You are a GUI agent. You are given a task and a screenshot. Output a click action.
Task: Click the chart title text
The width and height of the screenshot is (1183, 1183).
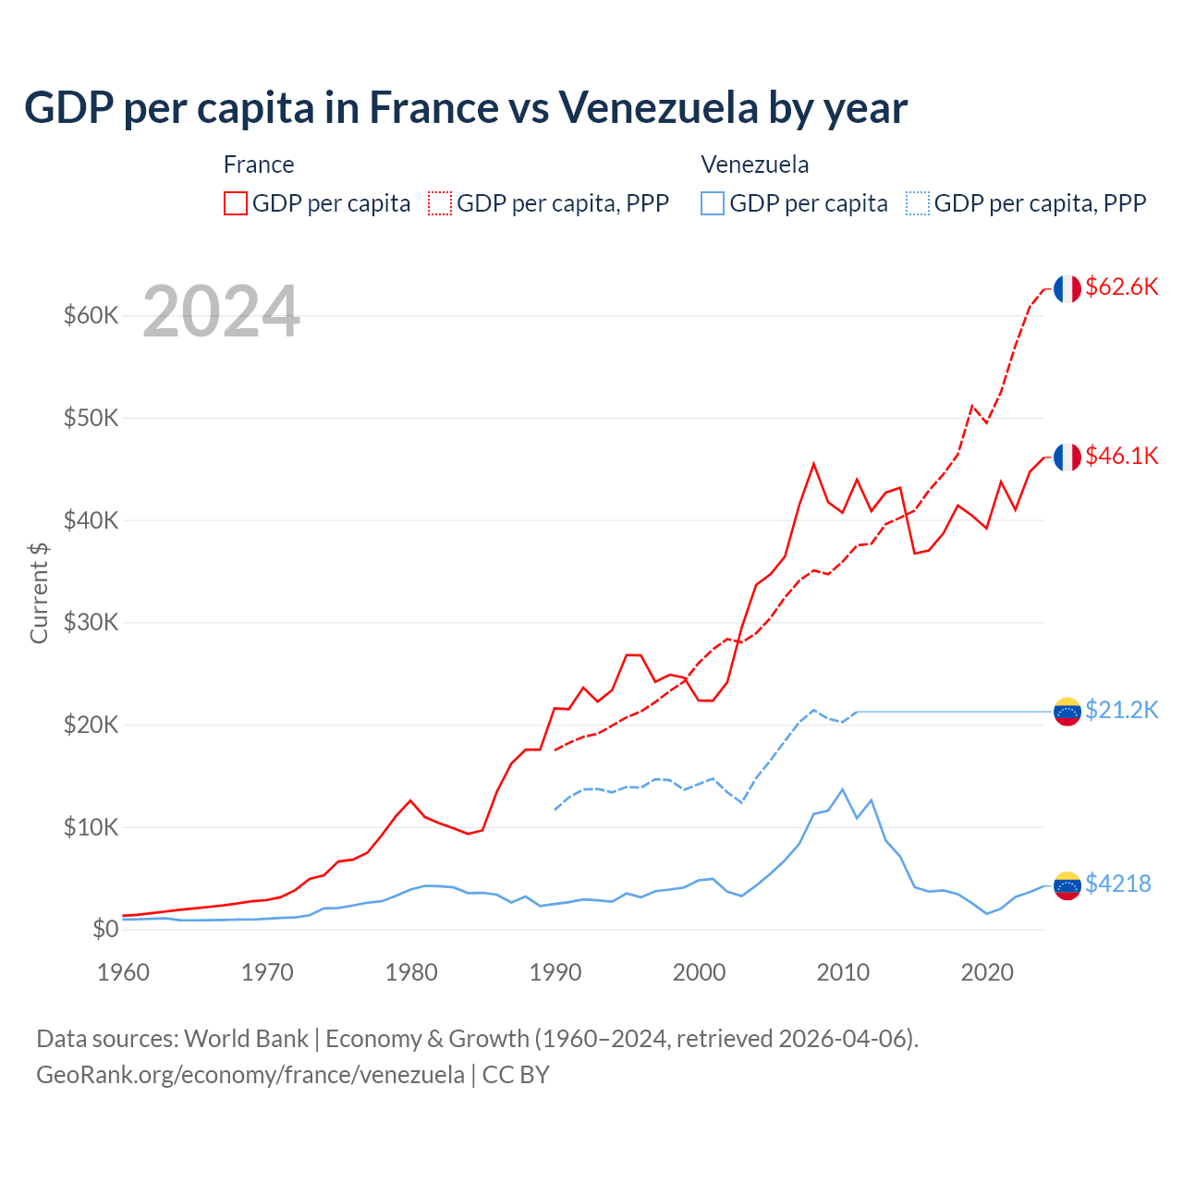click(466, 108)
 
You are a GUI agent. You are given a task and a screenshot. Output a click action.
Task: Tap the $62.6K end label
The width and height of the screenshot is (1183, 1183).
click(1121, 287)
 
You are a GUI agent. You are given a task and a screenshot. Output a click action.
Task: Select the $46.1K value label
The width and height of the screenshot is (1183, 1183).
click(1121, 456)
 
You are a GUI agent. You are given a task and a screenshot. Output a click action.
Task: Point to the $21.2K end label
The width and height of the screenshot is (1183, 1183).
click(1121, 710)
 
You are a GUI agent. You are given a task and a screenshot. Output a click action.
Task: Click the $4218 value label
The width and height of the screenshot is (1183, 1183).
click(1117, 884)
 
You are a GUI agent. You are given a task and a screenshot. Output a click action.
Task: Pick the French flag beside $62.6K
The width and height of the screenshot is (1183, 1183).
click(1067, 289)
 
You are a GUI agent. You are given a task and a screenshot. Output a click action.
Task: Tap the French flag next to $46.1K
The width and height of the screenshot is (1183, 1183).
click(1067, 457)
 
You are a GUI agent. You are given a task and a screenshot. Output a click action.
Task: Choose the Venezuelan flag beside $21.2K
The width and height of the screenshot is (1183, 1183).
click(1067, 712)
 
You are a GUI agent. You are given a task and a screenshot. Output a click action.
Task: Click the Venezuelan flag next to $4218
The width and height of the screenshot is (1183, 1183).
click(1067, 885)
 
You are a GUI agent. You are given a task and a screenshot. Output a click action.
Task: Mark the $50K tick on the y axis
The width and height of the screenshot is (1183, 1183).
click(91, 418)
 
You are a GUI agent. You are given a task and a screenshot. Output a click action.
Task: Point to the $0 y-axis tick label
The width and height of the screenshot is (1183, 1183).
click(105, 929)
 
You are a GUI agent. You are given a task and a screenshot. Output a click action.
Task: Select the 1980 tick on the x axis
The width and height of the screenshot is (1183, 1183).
click(411, 972)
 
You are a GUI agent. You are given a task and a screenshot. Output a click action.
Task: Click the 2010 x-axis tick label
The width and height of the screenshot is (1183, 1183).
click(843, 972)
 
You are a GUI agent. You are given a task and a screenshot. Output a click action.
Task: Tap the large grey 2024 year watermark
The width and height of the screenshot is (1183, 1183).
click(222, 311)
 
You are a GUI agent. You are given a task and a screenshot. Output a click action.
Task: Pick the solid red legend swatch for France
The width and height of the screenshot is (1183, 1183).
click(236, 203)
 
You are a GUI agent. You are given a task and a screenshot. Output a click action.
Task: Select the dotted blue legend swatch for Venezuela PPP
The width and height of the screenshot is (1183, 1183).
click(918, 203)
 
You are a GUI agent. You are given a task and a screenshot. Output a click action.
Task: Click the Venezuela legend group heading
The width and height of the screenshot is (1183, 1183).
click(754, 165)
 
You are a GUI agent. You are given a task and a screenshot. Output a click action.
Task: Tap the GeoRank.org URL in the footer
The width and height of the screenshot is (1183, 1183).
click(250, 1075)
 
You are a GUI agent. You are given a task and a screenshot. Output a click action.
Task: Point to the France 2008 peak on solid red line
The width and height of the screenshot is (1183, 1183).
click(813, 464)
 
